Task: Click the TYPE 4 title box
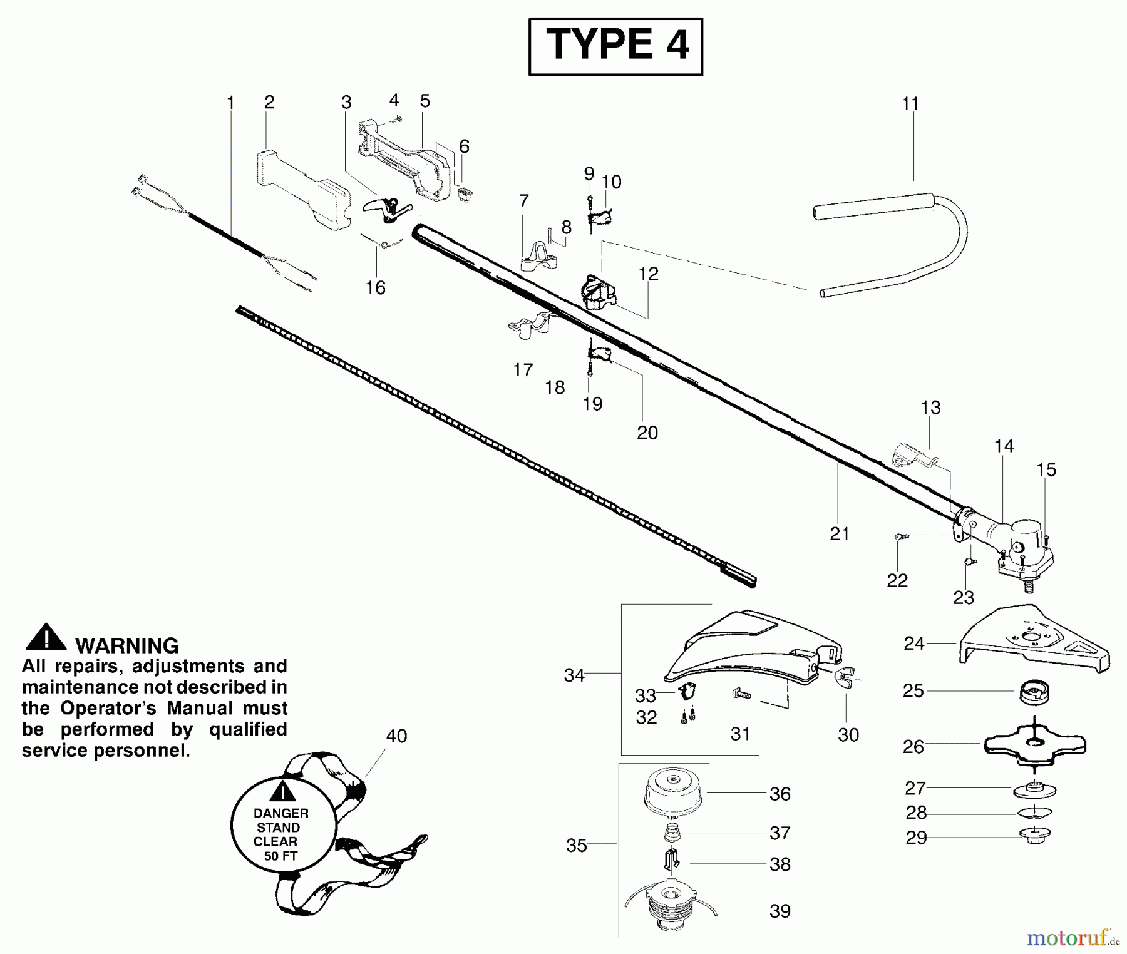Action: pos(615,46)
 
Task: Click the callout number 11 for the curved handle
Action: pos(910,104)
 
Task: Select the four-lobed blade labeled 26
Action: pos(1034,745)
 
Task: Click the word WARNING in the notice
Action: pos(126,645)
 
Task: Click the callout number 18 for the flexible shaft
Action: pos(555,387)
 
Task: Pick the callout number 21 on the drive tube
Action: pos(839,534)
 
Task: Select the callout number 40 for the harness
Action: pos(396,736)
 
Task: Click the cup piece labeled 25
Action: pos(1034,692)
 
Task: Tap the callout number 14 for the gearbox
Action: pos(1004,446)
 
